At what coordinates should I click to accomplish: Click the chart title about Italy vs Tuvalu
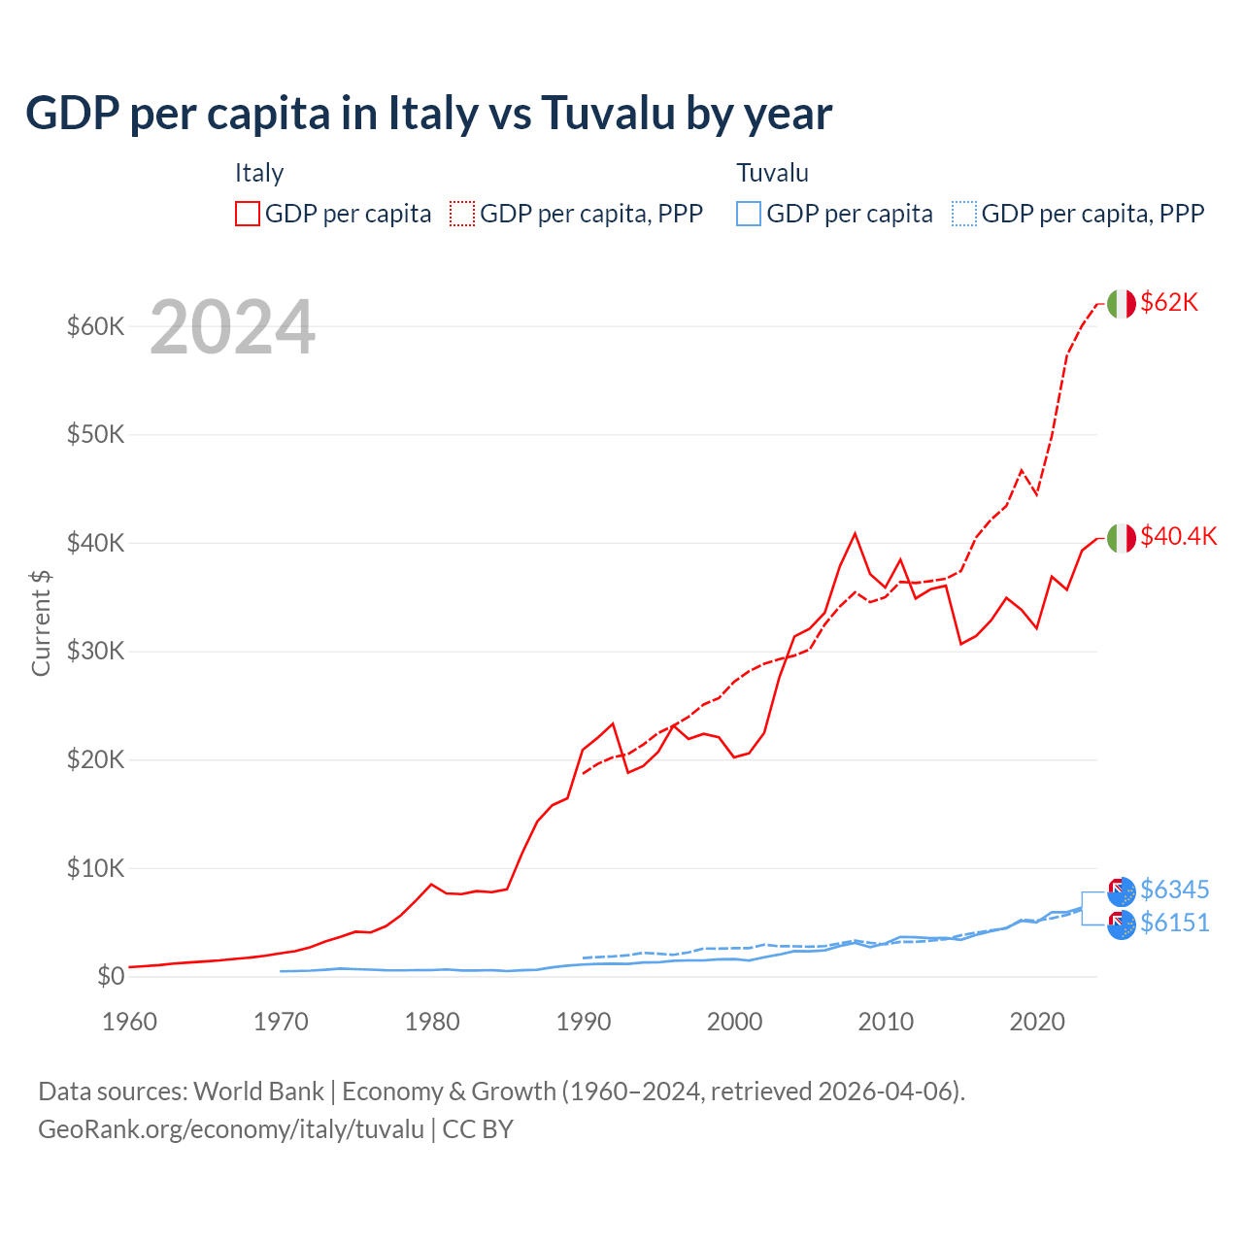(x=428, y=113)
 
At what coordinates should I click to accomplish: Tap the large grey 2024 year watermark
(x=232, y=327)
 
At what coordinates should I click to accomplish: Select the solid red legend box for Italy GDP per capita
(x=248, y=214)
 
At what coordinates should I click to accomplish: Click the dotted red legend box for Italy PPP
(x=462, y=214)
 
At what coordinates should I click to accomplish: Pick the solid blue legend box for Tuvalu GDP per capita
(x=749, y=214)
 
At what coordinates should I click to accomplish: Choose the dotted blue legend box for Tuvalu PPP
(x=964, y=214)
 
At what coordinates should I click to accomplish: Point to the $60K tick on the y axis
(x=95, y=326)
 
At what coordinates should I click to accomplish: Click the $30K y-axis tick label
(x=95, y=651)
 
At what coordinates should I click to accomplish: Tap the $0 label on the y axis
(x=110, y=976)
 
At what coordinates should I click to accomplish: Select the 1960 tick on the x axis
(x=129, y=1022)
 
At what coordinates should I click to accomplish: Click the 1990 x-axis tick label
(x=584, y=1022)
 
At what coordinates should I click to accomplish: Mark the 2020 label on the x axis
(x=1037, y=1022)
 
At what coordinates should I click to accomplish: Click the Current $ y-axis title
(x=41, y=622)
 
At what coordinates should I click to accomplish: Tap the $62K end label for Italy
(x=1169, y=303)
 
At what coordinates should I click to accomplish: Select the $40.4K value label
(x=1178, y=537)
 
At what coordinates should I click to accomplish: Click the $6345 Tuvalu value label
(x=1174, y=890)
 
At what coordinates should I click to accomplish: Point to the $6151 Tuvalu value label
(x=1174, y=923)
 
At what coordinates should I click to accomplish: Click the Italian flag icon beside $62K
(x=1122, y=304)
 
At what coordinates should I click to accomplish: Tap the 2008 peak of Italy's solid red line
(x=855, y=533)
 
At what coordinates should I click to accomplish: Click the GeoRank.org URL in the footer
(x=231, y=1129)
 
